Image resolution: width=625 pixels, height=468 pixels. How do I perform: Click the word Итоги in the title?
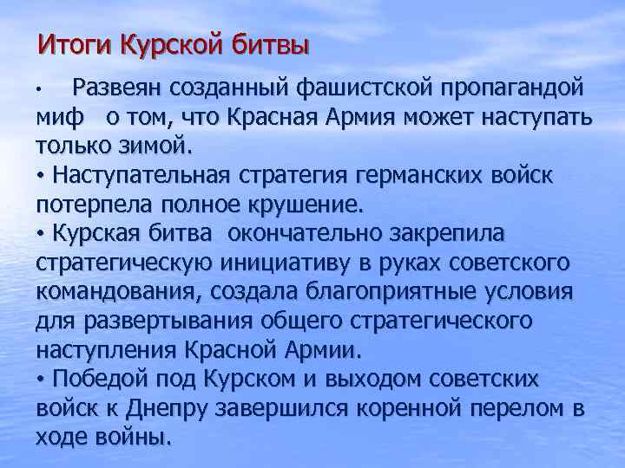click(x=73, y=42)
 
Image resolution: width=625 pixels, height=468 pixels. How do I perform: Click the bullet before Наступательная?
click(x=41, y=176)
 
